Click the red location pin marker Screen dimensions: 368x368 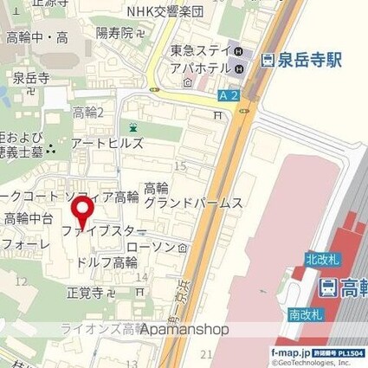pos(83,210)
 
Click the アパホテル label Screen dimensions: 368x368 pos(199,68)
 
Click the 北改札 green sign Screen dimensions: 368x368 pos(319,258)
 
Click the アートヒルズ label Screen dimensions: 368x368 pos(100,142)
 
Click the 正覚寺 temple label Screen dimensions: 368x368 pos(85,292)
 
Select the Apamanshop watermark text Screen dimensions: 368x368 pos(179,329)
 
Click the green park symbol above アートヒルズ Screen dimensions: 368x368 pos(132,126)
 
